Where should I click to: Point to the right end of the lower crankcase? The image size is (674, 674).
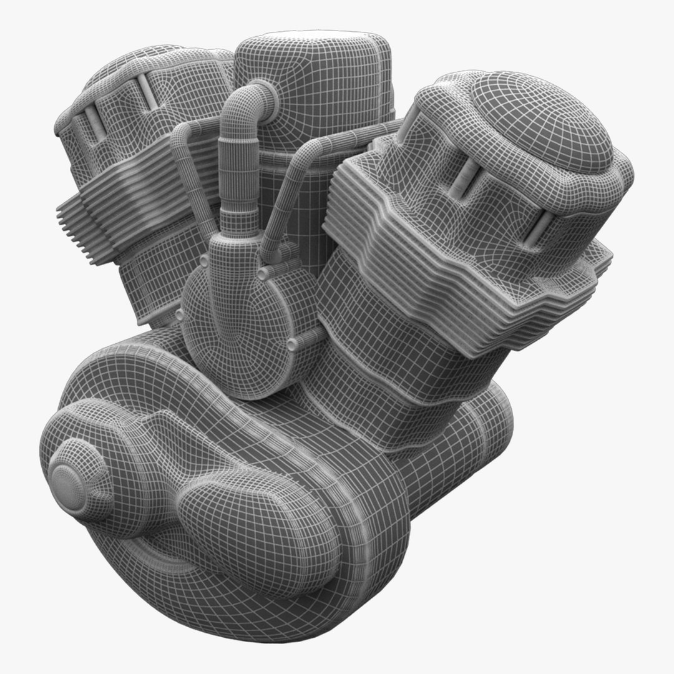pos(493,424)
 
